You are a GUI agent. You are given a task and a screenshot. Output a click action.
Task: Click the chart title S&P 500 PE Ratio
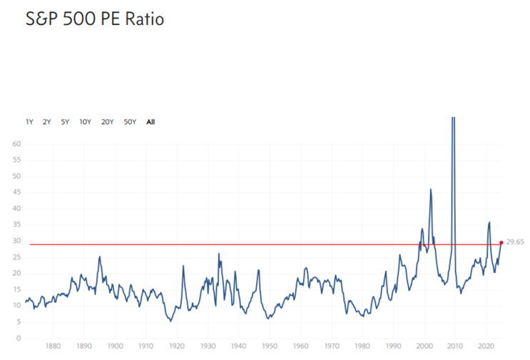coord(85,19)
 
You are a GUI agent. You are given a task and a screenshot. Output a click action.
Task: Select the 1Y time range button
coord(29,122)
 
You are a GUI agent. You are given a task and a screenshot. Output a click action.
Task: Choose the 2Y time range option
coord(46,122)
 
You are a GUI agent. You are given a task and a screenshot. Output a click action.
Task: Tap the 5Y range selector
coord(65,122)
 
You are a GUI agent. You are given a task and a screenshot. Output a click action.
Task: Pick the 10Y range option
coord(85,122)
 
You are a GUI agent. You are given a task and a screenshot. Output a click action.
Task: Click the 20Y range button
coord(107,122)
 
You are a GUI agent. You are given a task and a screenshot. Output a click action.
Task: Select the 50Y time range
coord(130,122)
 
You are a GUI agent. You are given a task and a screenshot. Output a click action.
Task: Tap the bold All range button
coord(151,122)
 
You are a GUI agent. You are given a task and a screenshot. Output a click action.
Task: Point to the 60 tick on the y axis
coord(16,144)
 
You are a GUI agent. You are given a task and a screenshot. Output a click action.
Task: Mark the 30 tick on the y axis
coord(16,241)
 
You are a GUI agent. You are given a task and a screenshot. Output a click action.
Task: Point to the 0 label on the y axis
coord(19,338)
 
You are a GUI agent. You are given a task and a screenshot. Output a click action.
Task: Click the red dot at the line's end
coord(501,243)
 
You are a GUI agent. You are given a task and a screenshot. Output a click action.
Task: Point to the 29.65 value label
coord(515,242)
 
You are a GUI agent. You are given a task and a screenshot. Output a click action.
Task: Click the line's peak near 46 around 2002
coord(430,190)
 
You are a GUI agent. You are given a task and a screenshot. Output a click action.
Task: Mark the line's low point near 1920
coord(170,321)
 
